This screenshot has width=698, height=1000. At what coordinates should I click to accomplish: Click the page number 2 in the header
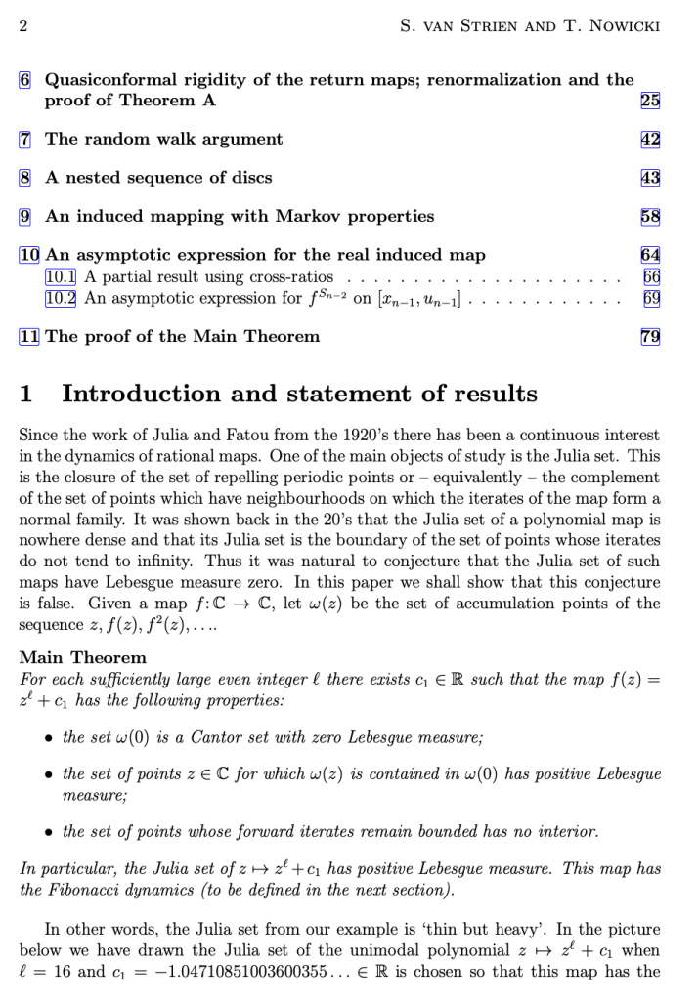click(23, 24)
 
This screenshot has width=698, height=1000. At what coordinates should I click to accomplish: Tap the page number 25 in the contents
click(650, 100)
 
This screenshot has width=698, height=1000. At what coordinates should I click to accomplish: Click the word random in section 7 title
click(113, 139)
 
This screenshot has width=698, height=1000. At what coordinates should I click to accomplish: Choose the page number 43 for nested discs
click(650, 178)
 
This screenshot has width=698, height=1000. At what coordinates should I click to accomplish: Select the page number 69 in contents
click(651, 298)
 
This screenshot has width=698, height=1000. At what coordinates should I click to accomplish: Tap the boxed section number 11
click(29, 337)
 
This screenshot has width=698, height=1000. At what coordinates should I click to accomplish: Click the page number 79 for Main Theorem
click(650, 337)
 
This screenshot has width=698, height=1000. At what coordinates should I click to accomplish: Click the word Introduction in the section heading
click(147, 395)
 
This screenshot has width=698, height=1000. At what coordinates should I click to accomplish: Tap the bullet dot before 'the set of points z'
click(49, 774)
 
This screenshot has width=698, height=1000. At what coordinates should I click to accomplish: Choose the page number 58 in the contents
click(650, 216)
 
